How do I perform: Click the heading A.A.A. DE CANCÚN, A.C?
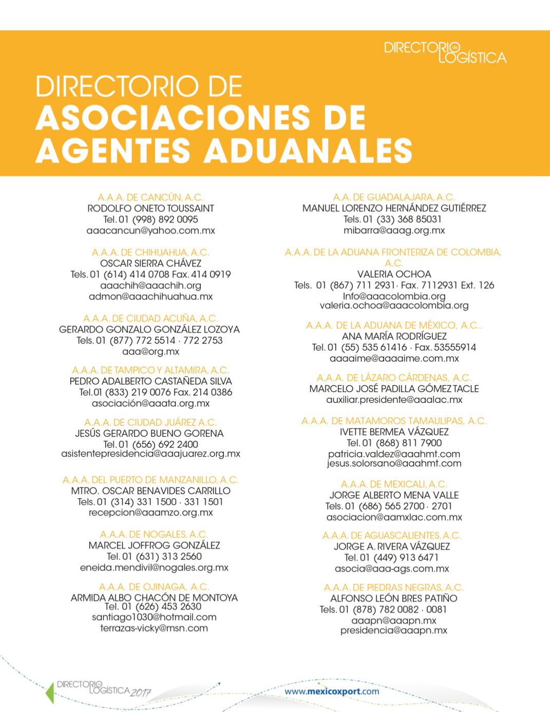[x=150, y=197]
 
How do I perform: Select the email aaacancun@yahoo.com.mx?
[x=150, y=231]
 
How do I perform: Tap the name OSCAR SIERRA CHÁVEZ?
[x=150, y=264]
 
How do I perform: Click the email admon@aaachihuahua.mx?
[x=150, y=296]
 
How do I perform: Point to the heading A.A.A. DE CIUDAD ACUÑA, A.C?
[x=150, y=318]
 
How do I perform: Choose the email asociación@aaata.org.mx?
[x=150, y=404]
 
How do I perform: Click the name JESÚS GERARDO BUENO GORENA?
[x=149, y=433]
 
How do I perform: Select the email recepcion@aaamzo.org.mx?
[x=150, y=513]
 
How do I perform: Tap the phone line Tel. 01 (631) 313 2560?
[x=154, y=556]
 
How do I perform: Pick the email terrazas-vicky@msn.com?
[x=154, y=628]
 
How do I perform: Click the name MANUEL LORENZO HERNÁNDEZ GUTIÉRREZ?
[x=394, y=208]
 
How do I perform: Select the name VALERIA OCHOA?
[x=394, y=274]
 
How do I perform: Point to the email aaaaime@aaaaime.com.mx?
[x=394, y=359]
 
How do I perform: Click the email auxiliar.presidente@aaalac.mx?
[x=394, y=400]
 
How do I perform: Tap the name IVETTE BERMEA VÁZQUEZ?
[x=394, y=432]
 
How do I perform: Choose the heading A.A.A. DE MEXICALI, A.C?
[x=394, y=484]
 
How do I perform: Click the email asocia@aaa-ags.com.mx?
[x=392, y=569]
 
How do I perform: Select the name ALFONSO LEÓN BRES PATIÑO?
[x=394, y=598]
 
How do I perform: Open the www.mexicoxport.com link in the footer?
[x=332, y=691]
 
